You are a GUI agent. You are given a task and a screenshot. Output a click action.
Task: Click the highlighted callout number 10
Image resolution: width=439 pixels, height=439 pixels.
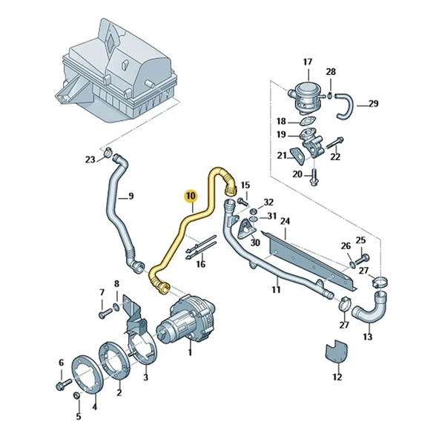tap(191, 196)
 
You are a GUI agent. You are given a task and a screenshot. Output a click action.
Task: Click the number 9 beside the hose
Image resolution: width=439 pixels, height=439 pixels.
tap(131, 197)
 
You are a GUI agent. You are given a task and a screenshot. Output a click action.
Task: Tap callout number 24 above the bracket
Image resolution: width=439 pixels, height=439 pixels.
tap(285, 221)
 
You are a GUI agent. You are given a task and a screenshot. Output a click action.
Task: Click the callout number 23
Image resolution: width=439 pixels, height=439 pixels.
tap(90, 159)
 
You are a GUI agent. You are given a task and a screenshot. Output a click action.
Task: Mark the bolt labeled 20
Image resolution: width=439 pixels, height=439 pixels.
tap(312, 178)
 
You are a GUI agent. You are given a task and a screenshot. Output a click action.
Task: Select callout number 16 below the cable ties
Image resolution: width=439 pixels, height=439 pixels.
tap(200, 264)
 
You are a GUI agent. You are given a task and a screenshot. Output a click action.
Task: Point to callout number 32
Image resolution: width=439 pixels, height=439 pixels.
tap(268, 202)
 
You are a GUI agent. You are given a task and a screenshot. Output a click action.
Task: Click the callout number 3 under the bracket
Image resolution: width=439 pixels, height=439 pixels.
tap(145, 377)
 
